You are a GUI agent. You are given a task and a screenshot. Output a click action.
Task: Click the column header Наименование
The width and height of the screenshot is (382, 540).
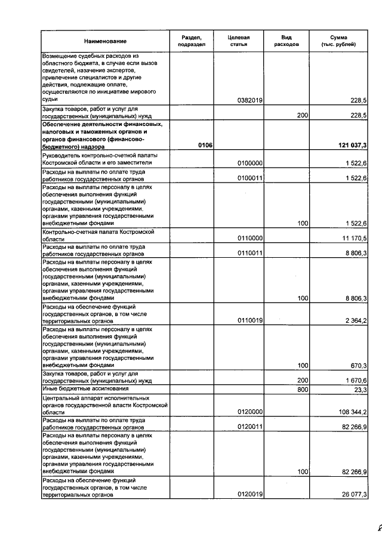click(105, 41)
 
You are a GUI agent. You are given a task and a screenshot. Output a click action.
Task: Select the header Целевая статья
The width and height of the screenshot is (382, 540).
click(238, 41)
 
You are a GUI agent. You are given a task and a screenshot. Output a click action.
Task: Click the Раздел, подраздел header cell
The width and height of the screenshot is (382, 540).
click(192, 41)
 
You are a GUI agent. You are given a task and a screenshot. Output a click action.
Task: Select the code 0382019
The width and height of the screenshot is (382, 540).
click(250, 100)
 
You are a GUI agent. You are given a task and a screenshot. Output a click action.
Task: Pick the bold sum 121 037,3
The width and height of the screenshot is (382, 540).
click(347, 146)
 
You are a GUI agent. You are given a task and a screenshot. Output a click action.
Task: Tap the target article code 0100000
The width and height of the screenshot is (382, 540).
click(250, 163)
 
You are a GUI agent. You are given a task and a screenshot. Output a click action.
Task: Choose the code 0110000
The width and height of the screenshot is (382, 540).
click(250, 238)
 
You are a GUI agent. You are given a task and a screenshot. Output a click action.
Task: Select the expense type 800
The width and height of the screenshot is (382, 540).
click(302, 390)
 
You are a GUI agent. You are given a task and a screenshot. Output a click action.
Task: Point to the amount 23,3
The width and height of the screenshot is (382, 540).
click(360, 390)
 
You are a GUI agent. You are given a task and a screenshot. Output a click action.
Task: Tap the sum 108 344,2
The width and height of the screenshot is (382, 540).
click(350, 412)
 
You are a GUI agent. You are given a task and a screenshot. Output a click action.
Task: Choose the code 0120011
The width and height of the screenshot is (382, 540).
click(250, 427)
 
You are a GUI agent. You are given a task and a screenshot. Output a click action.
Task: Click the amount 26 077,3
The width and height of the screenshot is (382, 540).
click(352, 494)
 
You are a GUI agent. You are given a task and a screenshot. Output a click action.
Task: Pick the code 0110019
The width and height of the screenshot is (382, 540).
click(250, 320)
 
